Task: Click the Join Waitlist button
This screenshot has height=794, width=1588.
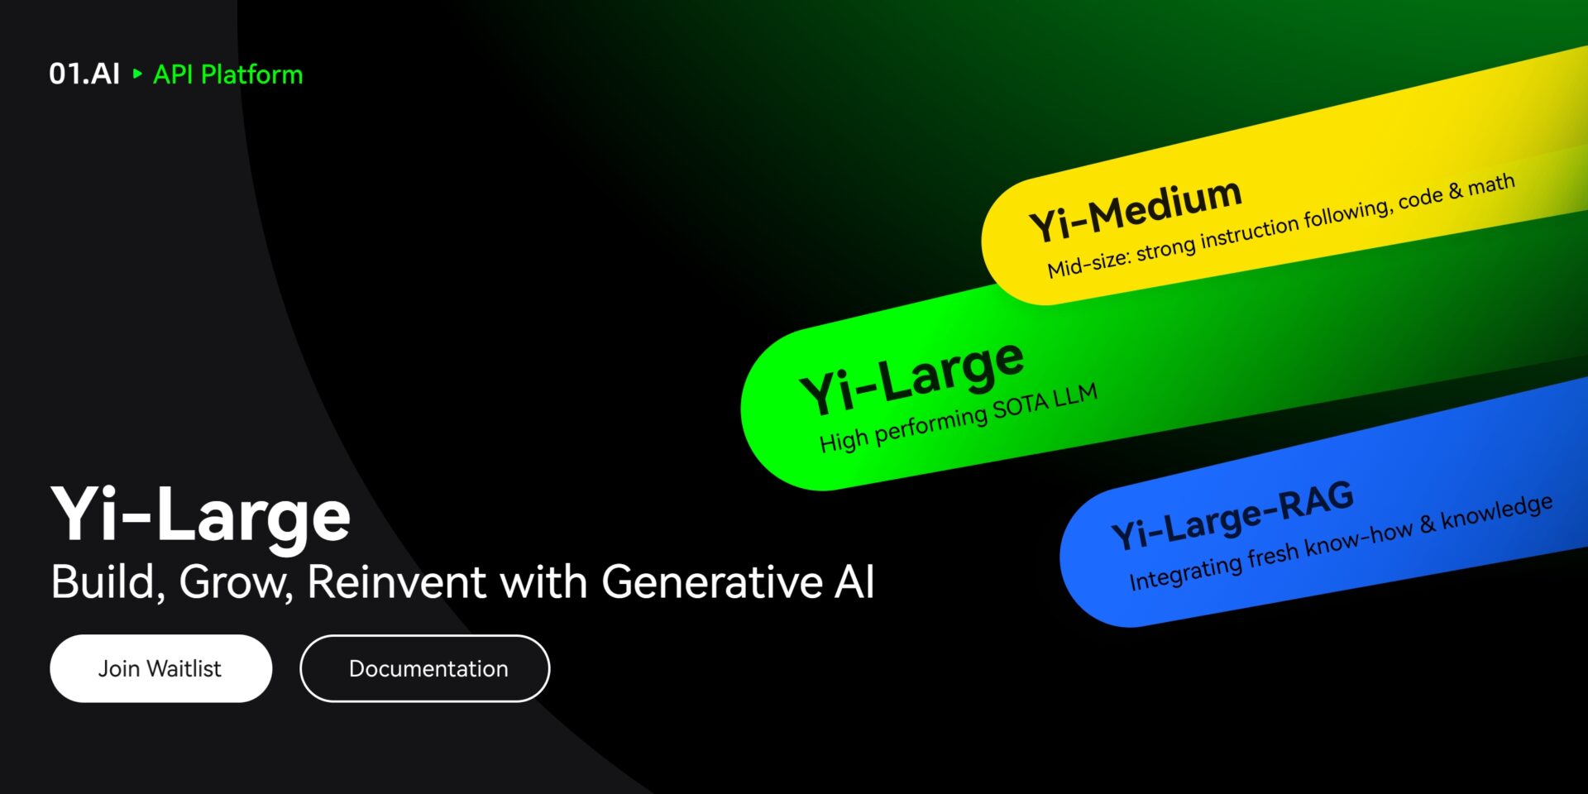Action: pos(160,668)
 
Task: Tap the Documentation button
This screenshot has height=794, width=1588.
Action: pos(424,668)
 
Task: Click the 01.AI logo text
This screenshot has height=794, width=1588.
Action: pos(84,74)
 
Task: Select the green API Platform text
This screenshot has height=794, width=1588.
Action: pos(228,74)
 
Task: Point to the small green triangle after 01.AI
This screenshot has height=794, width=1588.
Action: pos(137,74)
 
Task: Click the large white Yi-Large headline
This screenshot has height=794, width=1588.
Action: pos(201,515)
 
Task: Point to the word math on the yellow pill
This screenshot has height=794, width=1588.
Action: pos(1492,184)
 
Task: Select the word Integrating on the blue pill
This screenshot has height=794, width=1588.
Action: pos(1186,572)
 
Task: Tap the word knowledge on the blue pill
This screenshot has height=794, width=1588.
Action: pos(1497,512)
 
